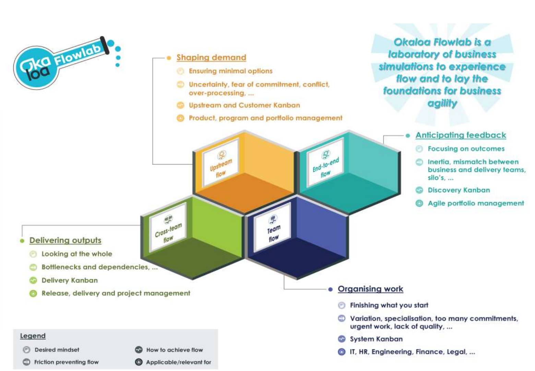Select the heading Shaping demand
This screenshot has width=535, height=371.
click(211, 57)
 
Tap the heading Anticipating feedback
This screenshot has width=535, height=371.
click(461, 135)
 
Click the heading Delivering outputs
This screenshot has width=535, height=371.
click(65, 240)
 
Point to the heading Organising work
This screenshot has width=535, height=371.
click(370, 289)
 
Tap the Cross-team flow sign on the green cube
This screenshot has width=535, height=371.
click(168, 229)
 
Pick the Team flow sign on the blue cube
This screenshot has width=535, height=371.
click(273, 228)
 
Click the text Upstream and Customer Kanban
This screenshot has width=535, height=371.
click(244, 105)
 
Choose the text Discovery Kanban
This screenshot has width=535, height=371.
click(459, 190)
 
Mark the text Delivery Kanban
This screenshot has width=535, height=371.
click(70, 280)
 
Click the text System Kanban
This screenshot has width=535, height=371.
click(376, 339)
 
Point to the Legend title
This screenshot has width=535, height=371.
click(33, 336)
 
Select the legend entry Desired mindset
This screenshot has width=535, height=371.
click(57, 350)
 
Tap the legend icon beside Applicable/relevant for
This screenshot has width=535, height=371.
click(139, 362)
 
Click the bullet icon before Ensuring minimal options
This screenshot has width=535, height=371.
click(180, 71)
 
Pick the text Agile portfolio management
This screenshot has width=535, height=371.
click(476, 203)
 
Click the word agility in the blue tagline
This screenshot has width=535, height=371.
click(442, 103)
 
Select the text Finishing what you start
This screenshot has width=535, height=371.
click(389, 305)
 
